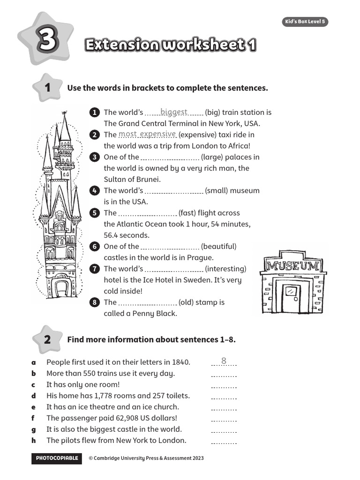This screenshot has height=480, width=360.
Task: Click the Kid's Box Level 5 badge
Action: [x=305, y=22]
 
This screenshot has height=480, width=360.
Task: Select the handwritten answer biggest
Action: [x=174, y=112]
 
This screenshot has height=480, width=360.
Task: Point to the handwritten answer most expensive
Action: [x=147, y=135]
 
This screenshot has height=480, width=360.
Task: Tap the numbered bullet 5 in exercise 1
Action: [x=95, y=213]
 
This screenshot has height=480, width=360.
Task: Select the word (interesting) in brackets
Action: [x=225, y=269]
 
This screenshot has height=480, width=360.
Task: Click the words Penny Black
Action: [x=154, y=314]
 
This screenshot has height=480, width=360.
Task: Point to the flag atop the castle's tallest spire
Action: [x=64, y=113]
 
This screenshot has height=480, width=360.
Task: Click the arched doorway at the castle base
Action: [x=61, y=287]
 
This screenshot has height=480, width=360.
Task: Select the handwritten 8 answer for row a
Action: [x=224, y=361]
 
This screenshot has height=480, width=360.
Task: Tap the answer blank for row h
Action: [x=224, y=442]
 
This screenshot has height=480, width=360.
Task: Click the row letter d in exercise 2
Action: [x=34, y=396]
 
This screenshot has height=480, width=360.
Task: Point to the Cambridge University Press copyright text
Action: [x=146, y=458]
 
